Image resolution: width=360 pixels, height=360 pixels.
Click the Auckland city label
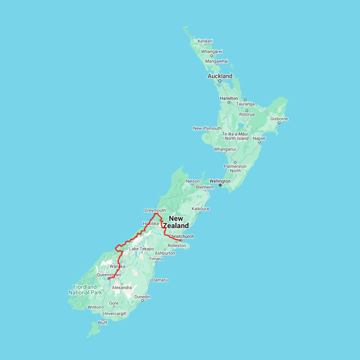(220, 76)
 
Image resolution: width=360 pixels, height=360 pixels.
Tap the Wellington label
(220, 181)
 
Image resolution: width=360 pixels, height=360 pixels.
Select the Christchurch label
(181, 236)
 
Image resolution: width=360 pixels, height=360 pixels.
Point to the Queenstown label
(109, 275)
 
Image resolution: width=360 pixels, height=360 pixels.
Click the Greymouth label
(155, 210)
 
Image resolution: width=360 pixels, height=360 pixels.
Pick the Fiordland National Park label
(85, 290)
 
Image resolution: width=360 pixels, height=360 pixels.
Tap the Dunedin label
(142, 297)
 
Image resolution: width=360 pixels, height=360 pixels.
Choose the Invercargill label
(115, 314)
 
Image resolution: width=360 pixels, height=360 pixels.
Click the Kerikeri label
(205, 41)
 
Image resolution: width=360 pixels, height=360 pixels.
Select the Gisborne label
(279, 119)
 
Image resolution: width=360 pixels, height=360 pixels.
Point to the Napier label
(259, 138)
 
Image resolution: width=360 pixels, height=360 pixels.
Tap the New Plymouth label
(207, 128)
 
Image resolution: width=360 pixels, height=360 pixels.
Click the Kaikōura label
(200, 209)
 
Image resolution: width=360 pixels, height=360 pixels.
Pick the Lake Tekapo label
(141, 249)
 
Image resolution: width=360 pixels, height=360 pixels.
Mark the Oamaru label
(160, 280)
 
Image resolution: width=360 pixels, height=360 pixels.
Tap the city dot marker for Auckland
(220, 81)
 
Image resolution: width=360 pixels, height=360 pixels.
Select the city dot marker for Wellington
(220, 185)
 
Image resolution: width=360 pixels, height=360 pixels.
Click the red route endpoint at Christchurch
(181, 240)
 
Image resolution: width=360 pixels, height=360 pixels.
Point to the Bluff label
(103, 323)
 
